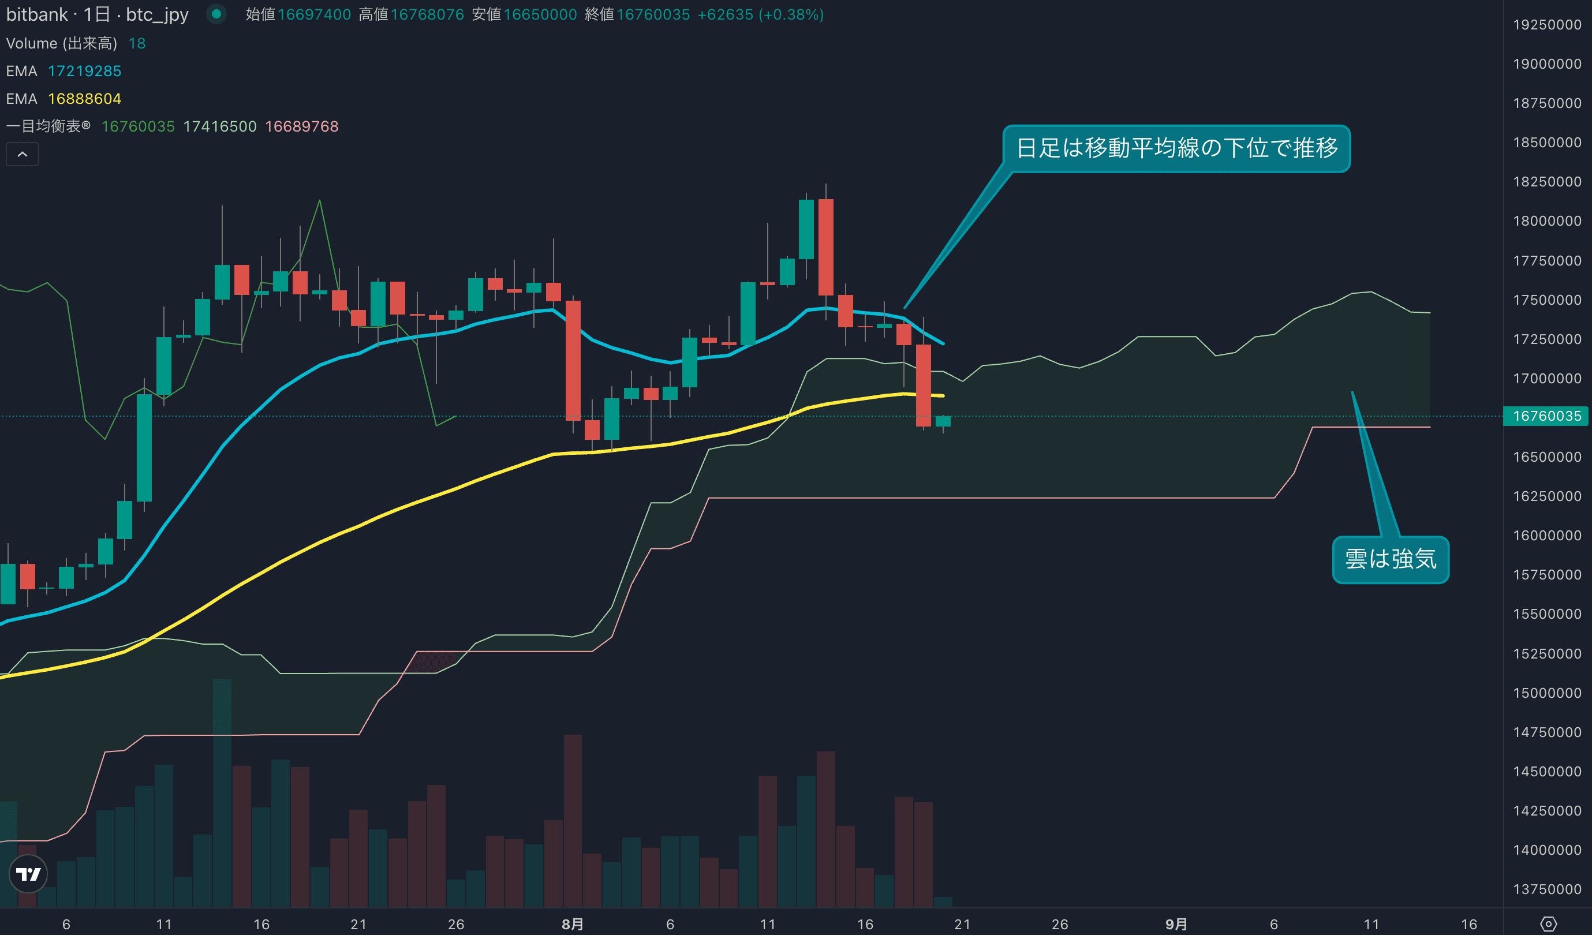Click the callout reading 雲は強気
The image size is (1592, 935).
[x=1390, y=560]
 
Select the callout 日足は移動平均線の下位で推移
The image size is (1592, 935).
[x=1176, y=148]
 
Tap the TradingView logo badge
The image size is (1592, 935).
[x=28, y=874]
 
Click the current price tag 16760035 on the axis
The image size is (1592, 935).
[x=1546, y=416]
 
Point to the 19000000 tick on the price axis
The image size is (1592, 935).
[x=1546, y=64]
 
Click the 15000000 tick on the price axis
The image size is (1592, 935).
[x=1546, y=693]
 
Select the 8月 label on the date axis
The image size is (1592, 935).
[x=573, y=924]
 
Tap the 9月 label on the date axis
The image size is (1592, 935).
[x=1176, y=924]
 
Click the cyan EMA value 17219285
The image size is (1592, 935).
[x=85, y=72]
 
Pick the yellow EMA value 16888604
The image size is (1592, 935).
[x=85, y=99]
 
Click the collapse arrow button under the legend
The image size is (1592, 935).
[x=22, y=154]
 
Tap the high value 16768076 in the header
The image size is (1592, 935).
[x=427, y=14]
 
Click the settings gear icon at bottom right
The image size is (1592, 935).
[x=1548, y=924]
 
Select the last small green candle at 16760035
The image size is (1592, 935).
[x=943, y=421]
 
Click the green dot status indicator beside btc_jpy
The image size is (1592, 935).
[x=216, y=14]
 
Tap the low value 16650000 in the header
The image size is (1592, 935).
[x=540, y=14]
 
